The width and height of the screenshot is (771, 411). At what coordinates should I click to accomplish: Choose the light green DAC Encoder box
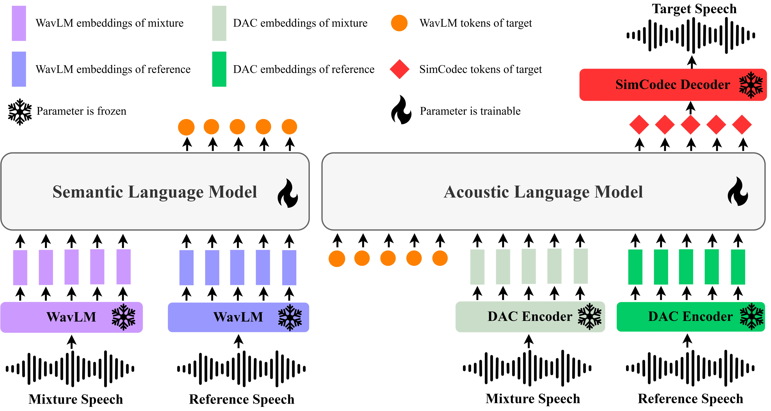[x=530, y=316]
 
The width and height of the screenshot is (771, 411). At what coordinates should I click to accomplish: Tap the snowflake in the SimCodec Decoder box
[x=751, y=85]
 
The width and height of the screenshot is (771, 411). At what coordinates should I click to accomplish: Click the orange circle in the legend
[x=399, y=23]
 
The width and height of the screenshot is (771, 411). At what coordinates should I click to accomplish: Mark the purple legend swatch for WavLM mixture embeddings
[x=19, y=23]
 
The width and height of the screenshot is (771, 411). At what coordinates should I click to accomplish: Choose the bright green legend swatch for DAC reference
[x=219, y=69]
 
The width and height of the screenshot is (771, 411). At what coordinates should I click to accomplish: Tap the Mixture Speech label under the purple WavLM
[x=76, y=399]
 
